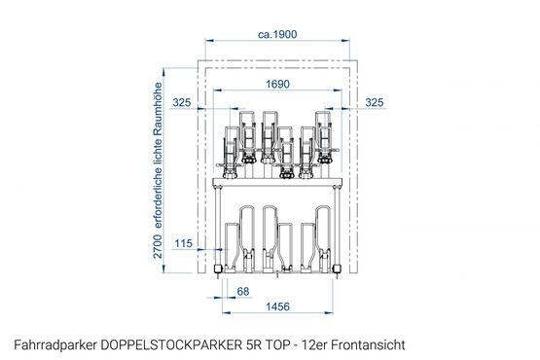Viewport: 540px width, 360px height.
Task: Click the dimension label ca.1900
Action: pyautogui.click(x=277, y=34)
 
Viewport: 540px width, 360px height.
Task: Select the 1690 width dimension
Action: pyautogui.click(x=277, y=84)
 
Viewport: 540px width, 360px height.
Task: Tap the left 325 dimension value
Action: pyautogui.click(x=182, y=102)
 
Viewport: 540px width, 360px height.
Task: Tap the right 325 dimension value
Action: pyautogui.click(x=374, y=102)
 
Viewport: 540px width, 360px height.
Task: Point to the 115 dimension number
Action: pyautogui.click(x=183, y=243)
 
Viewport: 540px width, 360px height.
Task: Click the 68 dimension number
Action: pyautogui.click(x=243, y=292)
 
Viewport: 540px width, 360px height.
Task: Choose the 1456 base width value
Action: pyautogui.click(x=277, y=306)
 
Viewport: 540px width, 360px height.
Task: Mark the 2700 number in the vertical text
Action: pyautogui.click(x=158, y=246)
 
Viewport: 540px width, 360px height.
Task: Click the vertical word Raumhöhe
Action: pyautogui.click(x=158, y=107)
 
